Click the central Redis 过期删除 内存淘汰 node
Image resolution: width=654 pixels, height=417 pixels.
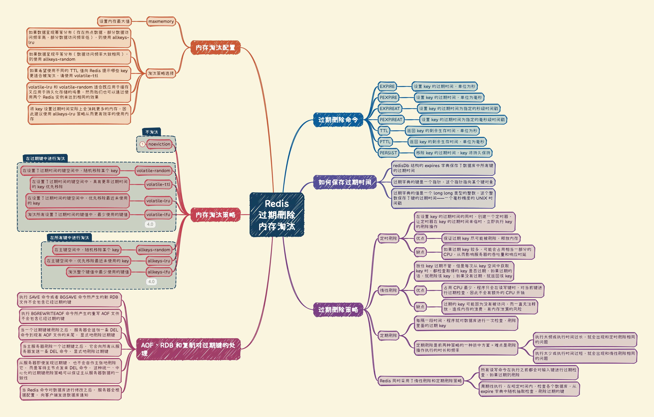point(277,215)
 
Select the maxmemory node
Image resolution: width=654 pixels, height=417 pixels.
point(161,21)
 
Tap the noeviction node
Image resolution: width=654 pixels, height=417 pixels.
point(159,144)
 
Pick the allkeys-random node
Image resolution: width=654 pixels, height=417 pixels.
point(154,250)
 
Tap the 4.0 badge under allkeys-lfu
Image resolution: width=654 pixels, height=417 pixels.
point(151,282)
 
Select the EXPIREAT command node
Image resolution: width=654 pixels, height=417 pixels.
point(390,109)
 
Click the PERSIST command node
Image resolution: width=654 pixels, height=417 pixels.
point(388,153)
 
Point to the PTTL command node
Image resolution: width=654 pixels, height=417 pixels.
point(385,142)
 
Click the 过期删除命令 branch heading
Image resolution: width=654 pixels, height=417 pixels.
point(338,120)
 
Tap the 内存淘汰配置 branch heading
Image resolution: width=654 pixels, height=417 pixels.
point(215,48)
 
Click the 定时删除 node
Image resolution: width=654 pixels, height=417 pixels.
point(388,238)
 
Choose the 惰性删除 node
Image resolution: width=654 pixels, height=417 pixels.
point(388,290)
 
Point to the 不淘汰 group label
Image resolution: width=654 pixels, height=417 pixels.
point(152,132)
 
